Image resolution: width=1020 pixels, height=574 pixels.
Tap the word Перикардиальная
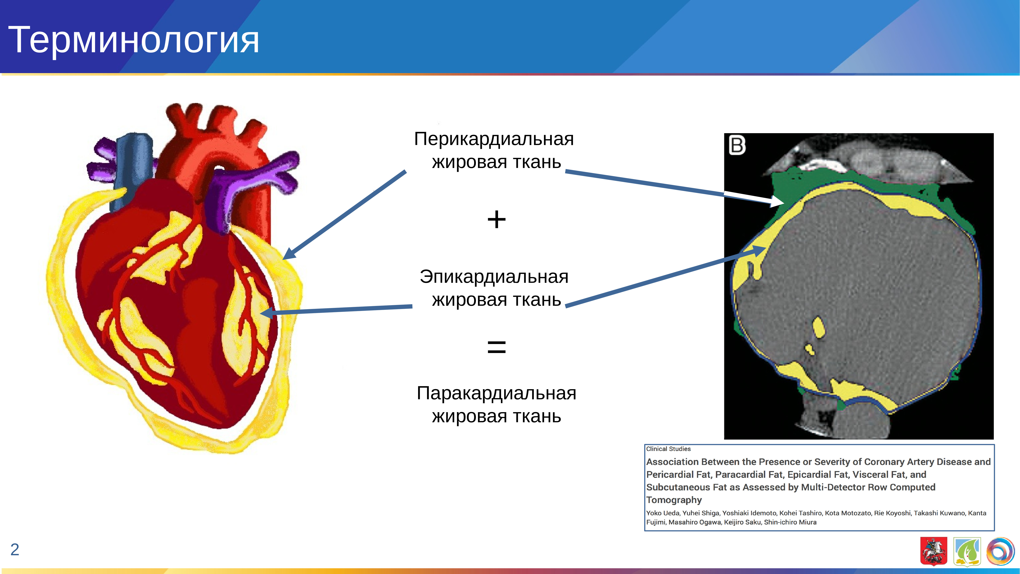click(x=494, y=139)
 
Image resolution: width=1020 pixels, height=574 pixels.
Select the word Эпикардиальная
click(x=494, y=276)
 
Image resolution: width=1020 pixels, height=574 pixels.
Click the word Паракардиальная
click(x=496, y=393)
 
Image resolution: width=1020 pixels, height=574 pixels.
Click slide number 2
click(x=15, y=550)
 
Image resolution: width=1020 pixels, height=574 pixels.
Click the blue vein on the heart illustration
click(x=133, y=166)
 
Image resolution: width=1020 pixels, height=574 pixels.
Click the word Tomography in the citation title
click(x=674, y=500)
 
